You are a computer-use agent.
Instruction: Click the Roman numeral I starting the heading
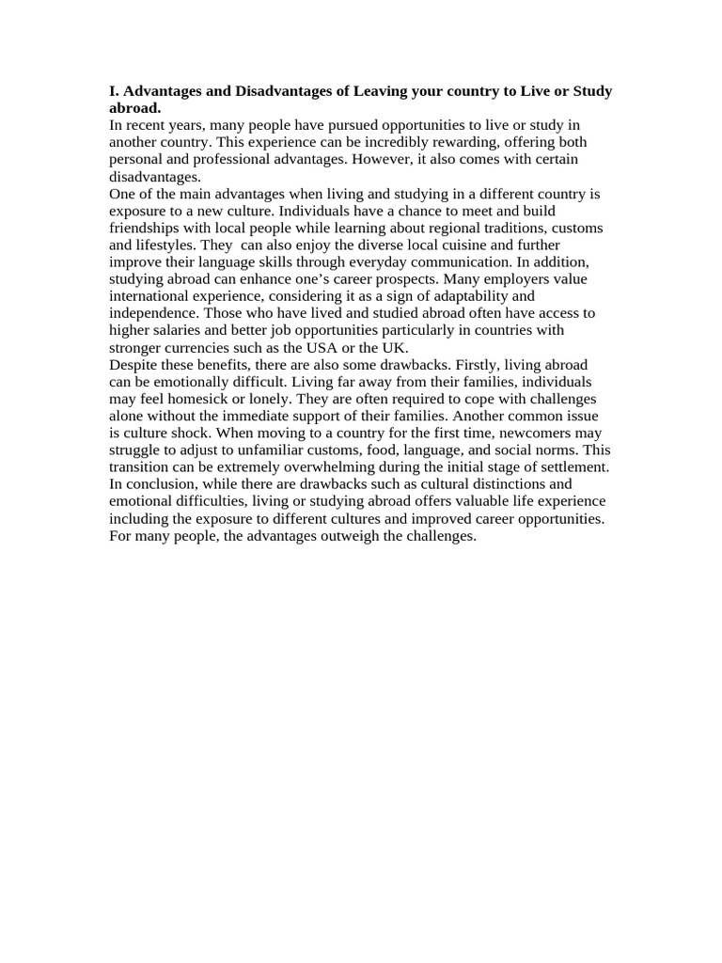tap(113, 91)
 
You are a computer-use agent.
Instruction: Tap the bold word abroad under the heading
tap(133, 108)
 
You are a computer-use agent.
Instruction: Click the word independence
tap(153, 313)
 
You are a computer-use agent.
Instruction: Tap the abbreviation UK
tap(394, 347)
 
